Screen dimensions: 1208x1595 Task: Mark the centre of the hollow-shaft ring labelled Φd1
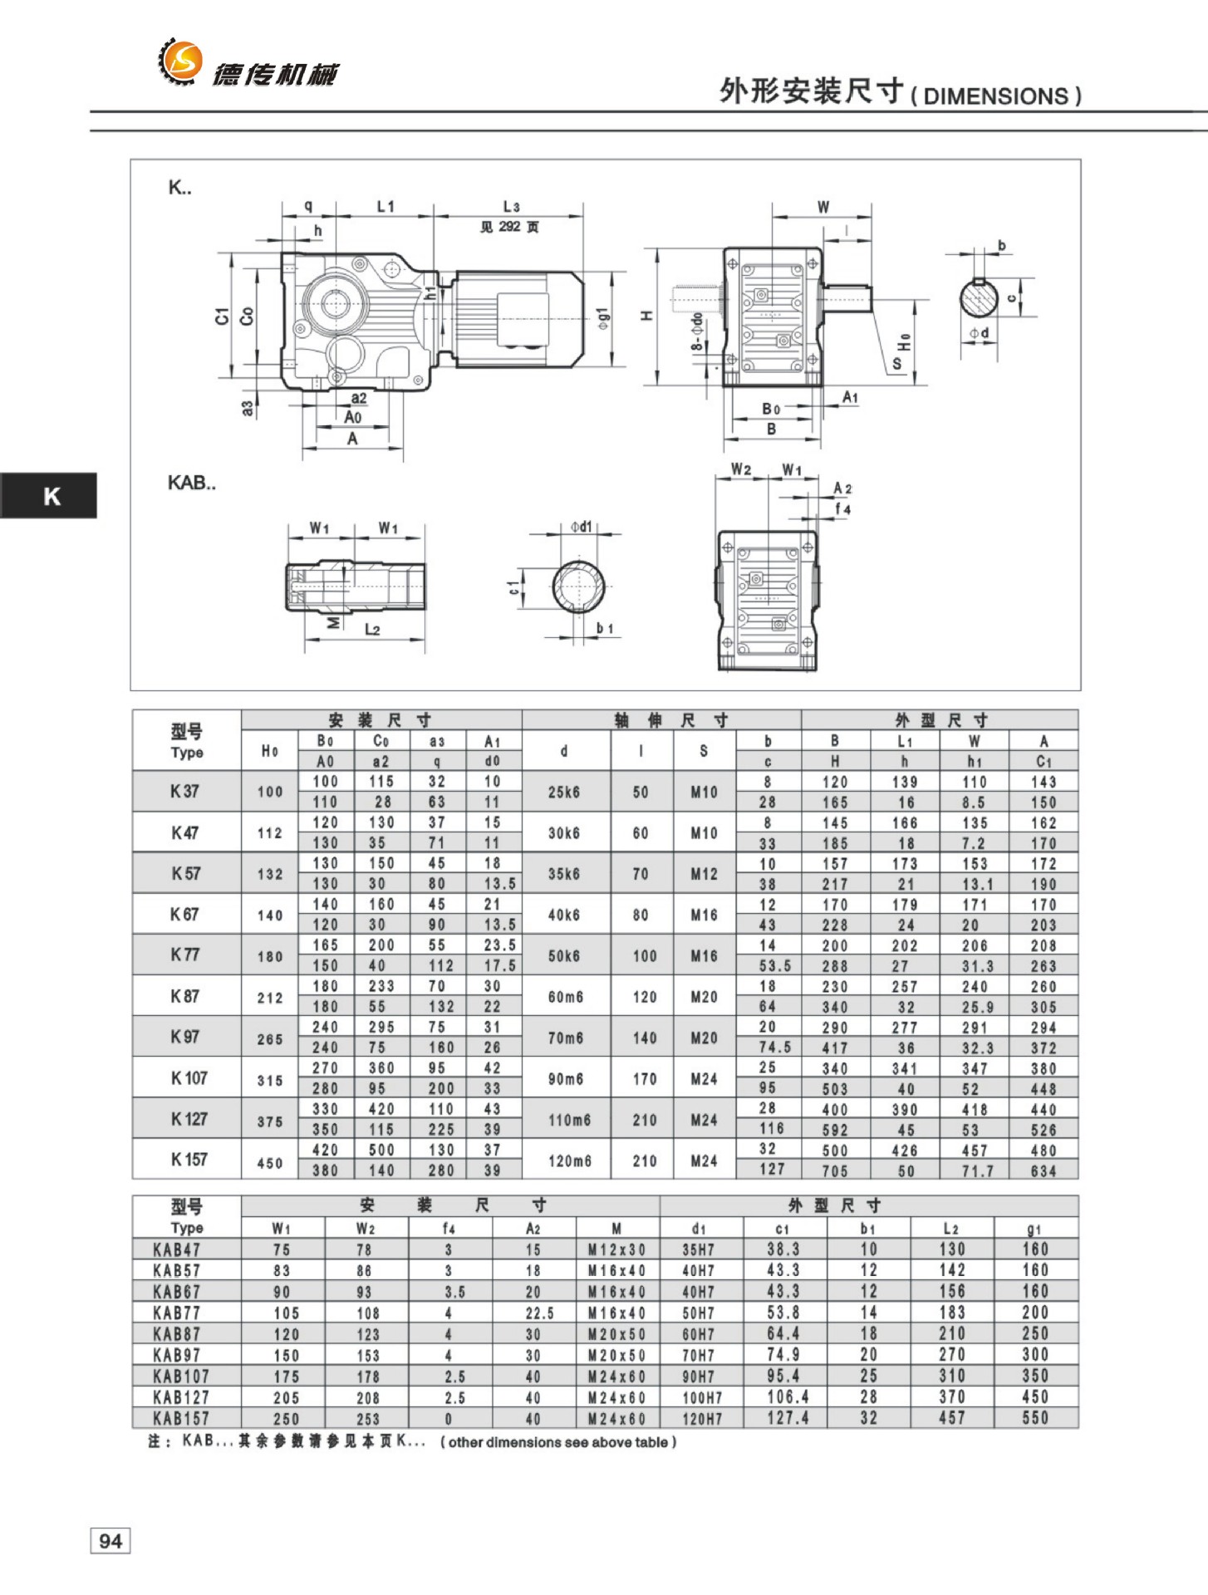click(579, 586)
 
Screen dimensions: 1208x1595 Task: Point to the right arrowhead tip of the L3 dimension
click(582, 214)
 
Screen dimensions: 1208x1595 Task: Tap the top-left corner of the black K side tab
click(0, 473)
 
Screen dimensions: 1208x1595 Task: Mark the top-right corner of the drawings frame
click(1081, 159)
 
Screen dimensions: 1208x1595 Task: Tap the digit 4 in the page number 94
click(116, 1541)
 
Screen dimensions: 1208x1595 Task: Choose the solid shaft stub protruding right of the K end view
click(847, 297)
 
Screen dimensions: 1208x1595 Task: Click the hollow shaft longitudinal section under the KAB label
click(356, 586)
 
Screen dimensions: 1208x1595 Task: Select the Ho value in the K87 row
click(270, 997)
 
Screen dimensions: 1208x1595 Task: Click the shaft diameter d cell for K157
click(570, 1161)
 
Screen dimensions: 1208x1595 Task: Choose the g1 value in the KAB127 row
click(1035, 1397)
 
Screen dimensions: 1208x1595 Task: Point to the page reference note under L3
click(509, 227)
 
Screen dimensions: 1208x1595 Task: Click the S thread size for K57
click(704, 874)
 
